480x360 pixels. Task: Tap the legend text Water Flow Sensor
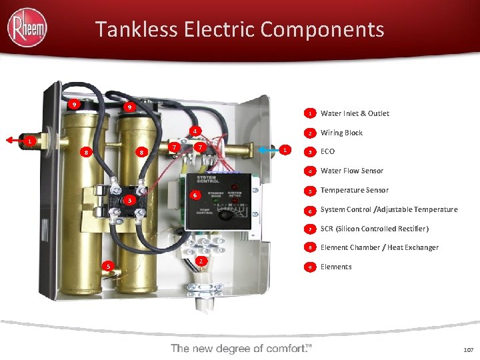pyautogui.click(x=351, y=171)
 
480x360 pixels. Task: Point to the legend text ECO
pyautogui.click(x=327, y=151)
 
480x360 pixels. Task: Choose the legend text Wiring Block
pyautogui.click(x=341, y=133)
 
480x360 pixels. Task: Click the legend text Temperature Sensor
pyautogui.click(x=354, y=190)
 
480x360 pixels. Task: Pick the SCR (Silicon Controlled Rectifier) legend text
pyautogui.click(x=374, y=229)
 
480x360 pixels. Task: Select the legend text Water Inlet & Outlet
pyautogui.click(x=355, y=113)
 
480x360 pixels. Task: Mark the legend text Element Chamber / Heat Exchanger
pyautogui.click(x=379, y=247)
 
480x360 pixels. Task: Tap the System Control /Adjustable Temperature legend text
pyautogui.click(x=389, y=209)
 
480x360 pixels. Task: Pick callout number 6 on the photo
pyautogui.click(x=194, y=195)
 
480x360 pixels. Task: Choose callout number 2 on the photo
pyautogui.click(x=200, y=261)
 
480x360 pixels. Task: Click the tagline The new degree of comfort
pyautogui.click(x=241, y=348)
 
